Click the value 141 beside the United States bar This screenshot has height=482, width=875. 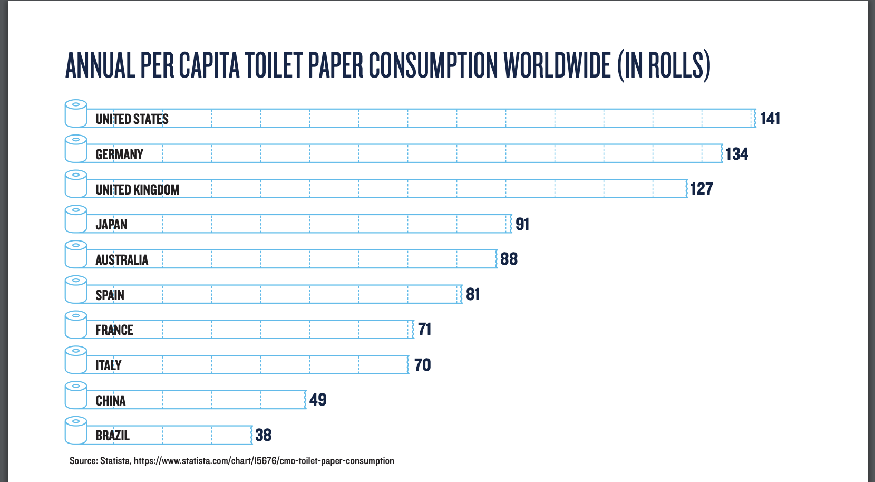point(770,119)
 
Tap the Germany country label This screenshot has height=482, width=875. point(120,155)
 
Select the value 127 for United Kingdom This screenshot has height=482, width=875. point(702,189)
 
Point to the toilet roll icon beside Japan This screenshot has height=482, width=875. point(76,219)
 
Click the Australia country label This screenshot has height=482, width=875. point(122,260)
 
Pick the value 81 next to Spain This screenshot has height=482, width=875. point(473,294)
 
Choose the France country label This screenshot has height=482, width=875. point(114,330)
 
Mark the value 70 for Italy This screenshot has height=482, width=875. point(422,365)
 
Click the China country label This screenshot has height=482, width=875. point(111,401)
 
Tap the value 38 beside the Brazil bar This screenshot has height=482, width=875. point(263,435)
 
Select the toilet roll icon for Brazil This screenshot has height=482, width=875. point(76,430)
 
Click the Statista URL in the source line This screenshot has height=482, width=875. point(264,461)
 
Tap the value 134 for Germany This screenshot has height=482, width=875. point(736,154)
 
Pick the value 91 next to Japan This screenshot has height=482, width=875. point(522,224)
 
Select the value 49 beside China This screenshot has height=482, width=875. point(318,400)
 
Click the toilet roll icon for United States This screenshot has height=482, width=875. point(76,113)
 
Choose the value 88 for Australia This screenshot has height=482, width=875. point(509,259)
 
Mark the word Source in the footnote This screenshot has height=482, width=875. point(83,461)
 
